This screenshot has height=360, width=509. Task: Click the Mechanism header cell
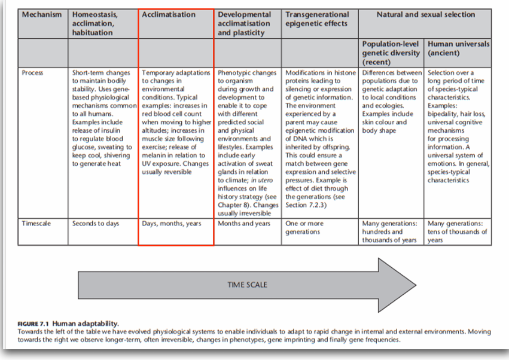coord(42,14)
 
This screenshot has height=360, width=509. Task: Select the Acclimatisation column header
coord(169,14)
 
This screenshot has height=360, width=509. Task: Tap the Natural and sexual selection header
coord(425,14)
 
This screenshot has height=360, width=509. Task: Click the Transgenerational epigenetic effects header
coord(317,19)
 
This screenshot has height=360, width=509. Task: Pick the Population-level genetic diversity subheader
coord(392,53)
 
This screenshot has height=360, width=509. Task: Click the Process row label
coord(32,73)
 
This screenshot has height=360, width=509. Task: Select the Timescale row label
coord(36,224)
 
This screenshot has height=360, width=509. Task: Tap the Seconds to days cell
coord(96,224)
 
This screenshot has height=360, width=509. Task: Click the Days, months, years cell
coord(172,224)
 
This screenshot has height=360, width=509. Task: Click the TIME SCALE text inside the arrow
coord(247,285)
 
